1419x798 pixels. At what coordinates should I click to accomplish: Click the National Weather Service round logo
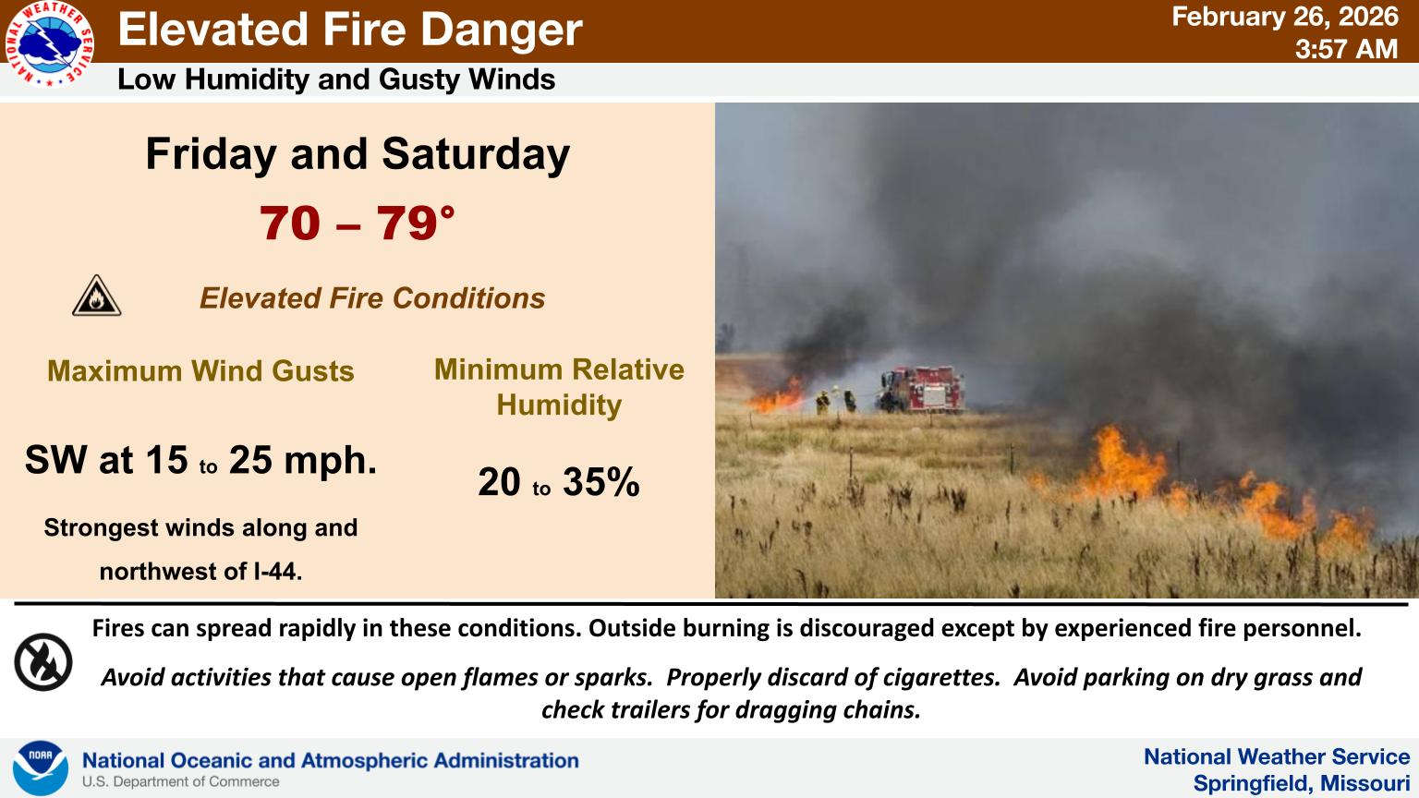[x=49, y=43]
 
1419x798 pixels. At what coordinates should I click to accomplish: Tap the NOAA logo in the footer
[x=41, y=768]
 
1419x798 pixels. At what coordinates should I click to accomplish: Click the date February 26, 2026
[x=1285, y=17]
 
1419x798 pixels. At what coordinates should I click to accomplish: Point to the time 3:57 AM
[x=1346, y=49]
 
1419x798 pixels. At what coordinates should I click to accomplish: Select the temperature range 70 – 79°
[x=358, y=223]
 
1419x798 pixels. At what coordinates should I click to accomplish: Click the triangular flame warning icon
[x=96, y=296]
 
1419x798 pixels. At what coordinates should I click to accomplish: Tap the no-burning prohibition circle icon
[x=43, y=662]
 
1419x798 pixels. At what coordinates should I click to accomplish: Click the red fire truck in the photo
[x=922, y=390]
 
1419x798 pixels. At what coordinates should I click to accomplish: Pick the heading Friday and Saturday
[x=358, y=154]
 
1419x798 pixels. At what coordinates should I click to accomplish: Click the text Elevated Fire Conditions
[x=372, y=298]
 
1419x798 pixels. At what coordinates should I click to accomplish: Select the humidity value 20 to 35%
[x=559, y=482]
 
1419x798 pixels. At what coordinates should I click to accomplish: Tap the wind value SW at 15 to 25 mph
[x=200, y=460]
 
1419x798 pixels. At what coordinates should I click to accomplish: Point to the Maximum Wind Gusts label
[x=200, y=371]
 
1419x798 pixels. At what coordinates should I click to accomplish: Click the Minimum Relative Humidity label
[x=559, y=387]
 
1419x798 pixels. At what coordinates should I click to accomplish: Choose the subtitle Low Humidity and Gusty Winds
[x=336, y=79]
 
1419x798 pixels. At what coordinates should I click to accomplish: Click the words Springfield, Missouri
[x=1301, y=783]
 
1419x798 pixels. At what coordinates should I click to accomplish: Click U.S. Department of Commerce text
[x=180, y=781]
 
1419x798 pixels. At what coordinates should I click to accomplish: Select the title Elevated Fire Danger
[x=350, y=30]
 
